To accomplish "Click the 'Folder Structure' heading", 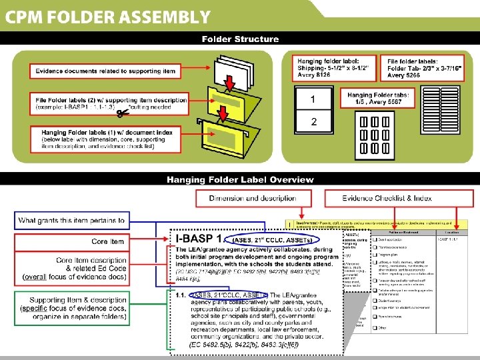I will click(240, 39).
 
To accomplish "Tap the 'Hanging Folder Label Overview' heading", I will click(240, 179).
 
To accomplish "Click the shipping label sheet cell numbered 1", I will click(313, 100).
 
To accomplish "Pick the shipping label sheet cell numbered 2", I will click(313, 121).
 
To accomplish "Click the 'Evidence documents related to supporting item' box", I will click(105, 71).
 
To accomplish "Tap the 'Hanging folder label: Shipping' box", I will click(337, 67).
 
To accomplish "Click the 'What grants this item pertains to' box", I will click(71, 220).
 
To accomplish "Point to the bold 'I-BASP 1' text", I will click(194, 238).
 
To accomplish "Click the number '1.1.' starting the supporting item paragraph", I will click(181, 295).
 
